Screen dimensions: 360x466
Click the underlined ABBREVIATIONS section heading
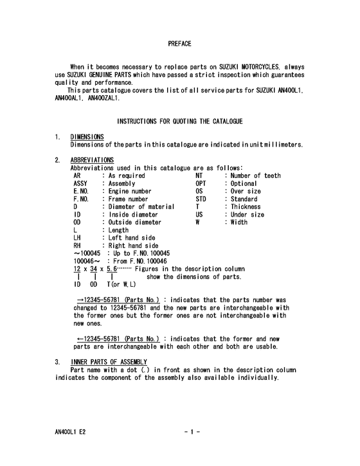92,159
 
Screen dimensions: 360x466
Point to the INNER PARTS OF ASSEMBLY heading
109,362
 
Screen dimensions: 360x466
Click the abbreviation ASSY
80,183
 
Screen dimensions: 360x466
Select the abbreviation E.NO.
80,191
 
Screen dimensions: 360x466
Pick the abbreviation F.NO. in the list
80,199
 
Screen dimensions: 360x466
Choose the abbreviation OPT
201,183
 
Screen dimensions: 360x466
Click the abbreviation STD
201,199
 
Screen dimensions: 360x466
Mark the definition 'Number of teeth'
255,175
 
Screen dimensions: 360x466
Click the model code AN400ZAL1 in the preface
102,98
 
